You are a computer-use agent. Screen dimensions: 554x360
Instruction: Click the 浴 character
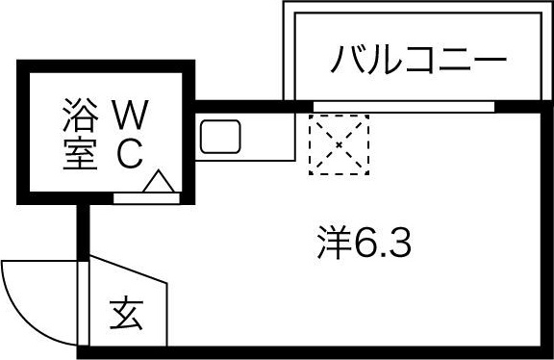coord(79,116)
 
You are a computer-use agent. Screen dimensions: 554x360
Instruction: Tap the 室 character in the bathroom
coord(79,154)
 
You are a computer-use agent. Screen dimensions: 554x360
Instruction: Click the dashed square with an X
coord(339,144)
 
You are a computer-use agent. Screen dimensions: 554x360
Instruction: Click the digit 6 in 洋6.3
coord(367,244)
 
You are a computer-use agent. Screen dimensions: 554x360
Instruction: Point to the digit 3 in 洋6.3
coord(400,244)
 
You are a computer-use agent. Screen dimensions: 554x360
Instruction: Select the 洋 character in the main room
coord(333,244)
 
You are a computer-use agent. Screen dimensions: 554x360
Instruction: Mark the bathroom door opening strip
coord(145,196)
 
